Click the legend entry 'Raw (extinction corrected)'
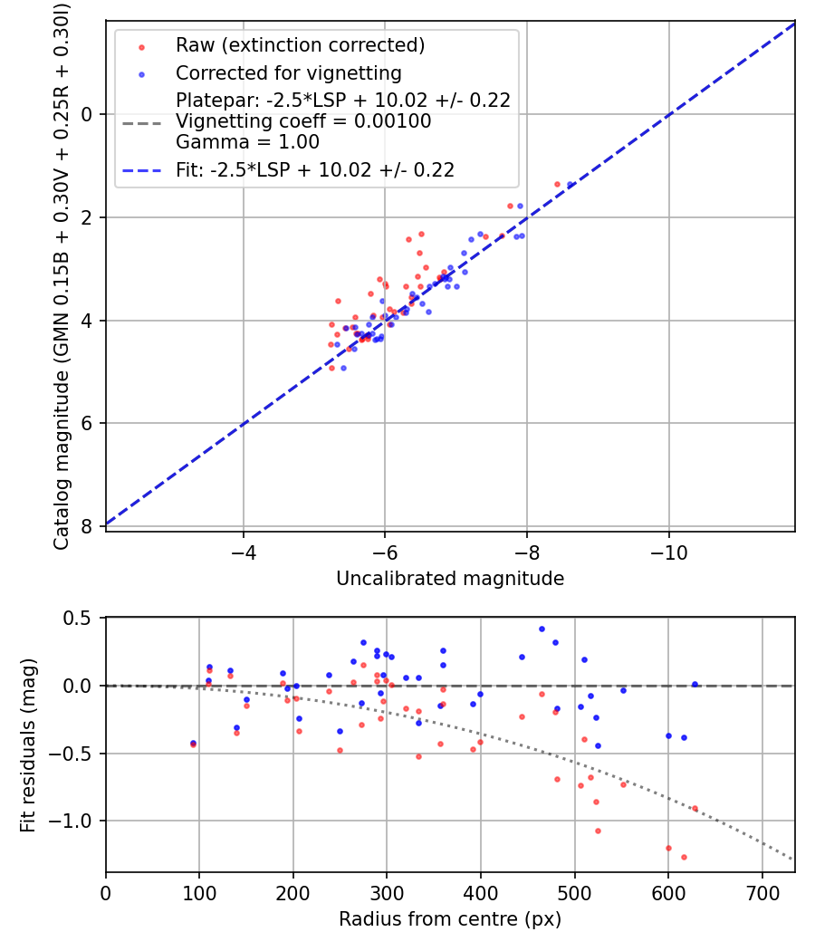pos(300,45)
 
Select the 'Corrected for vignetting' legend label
pos(289,72)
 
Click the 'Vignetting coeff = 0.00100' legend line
pos(303,121)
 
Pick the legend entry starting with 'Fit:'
pos(315,169)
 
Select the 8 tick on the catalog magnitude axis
pos(87,526)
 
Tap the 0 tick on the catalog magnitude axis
pos(87,114)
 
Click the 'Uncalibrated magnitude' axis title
pos(450,579)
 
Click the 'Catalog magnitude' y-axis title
pos(62,275)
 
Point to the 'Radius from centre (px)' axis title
pos(450,919)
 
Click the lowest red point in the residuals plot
pos(684,857)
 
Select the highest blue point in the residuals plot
pos(542,629)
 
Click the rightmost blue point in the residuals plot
pos(695,685)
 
